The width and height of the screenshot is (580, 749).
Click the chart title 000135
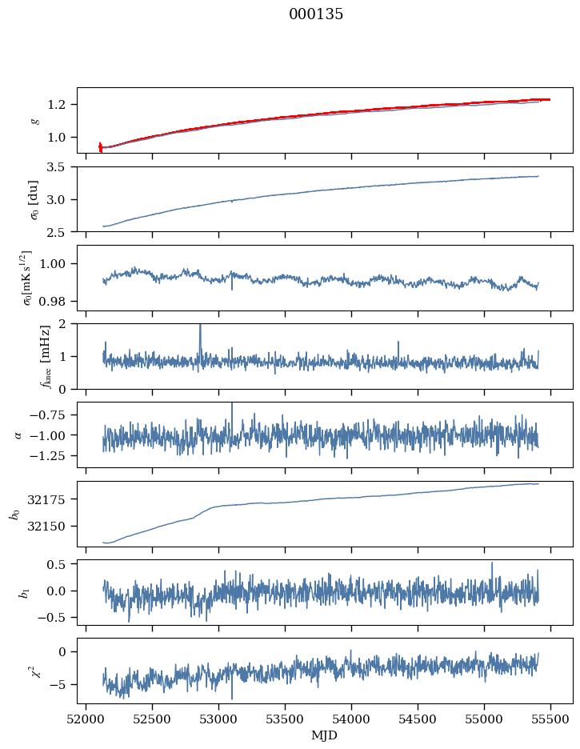coord(315,14)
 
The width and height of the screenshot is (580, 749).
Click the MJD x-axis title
coord(324,735)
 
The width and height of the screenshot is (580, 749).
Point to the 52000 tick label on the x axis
coord(86,719)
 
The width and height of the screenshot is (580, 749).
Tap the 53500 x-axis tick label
coord(285,719)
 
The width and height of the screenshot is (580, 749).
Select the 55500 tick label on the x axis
coord(550,719)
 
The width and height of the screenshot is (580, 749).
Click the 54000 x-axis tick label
coord(351,719)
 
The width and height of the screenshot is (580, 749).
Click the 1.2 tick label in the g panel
coord(55,105)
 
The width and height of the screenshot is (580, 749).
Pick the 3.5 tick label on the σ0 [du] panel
coord(55,166)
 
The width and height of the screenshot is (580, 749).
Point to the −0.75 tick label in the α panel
coord(46,415)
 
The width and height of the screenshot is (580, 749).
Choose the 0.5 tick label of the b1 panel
coord(56,564)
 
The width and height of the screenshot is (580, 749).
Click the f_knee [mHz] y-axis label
coord(46,357)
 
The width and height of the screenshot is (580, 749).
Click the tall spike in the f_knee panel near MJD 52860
coord(200,326)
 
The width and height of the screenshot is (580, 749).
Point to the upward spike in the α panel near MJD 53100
coord(232,404)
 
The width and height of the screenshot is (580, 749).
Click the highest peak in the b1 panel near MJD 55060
coord(492,563)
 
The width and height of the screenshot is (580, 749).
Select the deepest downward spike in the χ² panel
coord(232,699)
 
